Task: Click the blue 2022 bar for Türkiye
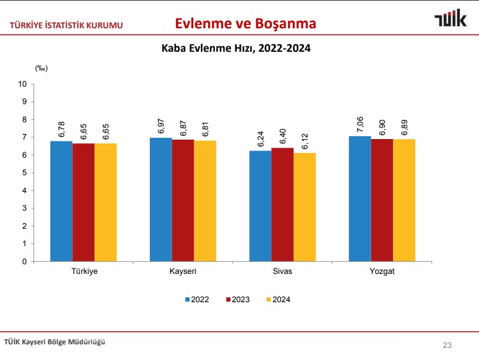(x=61, y=202)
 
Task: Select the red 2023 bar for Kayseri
(x=183, y=200)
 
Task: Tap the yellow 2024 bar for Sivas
(x=304, y=207)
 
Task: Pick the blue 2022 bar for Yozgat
(x=360, y=199)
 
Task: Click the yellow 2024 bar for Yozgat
(x=404, y=200)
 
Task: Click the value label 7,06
(x=360, y=126)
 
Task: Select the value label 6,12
(x=304, y=142)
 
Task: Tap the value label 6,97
(x=161, y=127)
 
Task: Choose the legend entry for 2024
(x=277, y=299)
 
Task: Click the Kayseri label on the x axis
(x=183, y=272)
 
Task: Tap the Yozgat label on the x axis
(x=382, y=272)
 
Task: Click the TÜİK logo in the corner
(x=451, y=19)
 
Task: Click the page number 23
(x=447, y=345)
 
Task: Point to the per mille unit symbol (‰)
(x=41, y=68)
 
